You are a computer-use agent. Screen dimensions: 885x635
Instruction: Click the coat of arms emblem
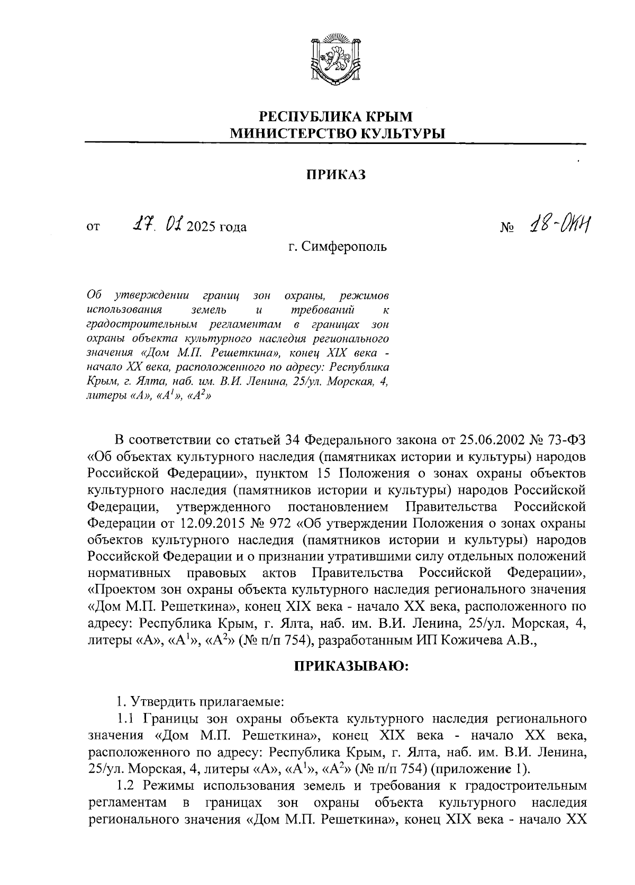point(335,59)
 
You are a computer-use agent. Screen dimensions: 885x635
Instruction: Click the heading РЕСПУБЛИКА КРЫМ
point(335,116)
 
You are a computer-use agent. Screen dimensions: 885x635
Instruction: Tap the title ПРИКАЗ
point(335,175)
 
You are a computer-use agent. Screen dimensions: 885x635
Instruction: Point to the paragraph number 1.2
point(129,785)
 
